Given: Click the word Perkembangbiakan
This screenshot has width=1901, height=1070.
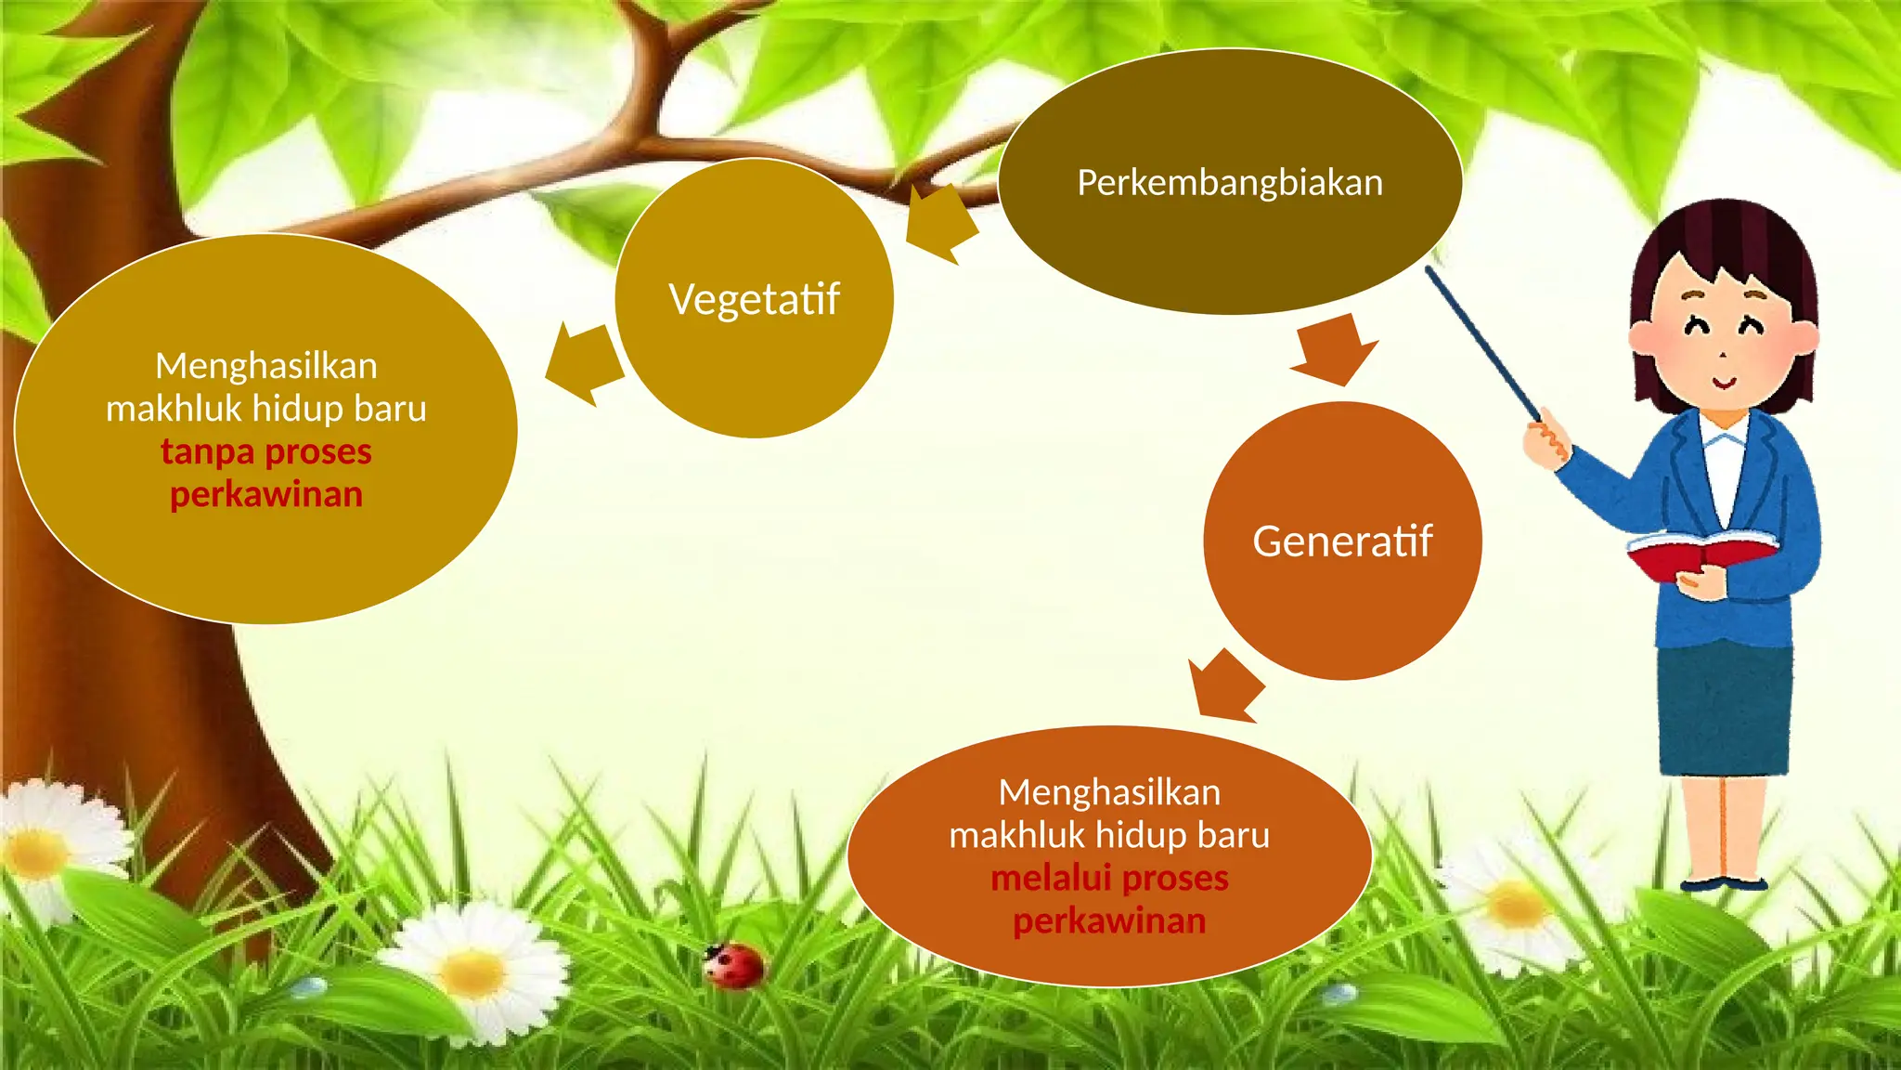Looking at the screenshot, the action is [x=1229, y=183].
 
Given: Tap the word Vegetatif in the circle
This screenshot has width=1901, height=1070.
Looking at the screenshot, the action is [x=754, y=299].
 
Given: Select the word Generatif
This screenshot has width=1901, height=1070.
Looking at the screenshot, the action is [x=1341, y=542].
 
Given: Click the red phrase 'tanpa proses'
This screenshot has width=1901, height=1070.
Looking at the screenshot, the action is [x=266, y=452].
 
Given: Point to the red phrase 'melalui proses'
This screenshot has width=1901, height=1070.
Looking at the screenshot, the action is [x=1109, y=878].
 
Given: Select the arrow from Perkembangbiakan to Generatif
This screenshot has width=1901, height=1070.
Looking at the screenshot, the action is [x=1335, y=350].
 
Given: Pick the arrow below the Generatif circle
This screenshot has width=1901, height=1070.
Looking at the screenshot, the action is [x=1224, y=686].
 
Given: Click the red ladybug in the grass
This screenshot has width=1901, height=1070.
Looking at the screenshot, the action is [x=735, y=965].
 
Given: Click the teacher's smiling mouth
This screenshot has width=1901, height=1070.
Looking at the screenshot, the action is [x=1723, y=382].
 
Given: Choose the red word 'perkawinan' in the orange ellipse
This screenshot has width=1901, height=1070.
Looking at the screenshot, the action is [x=1109, y=921].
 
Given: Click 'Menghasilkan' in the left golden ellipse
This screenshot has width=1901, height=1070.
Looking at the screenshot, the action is [x=266, y=366].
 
